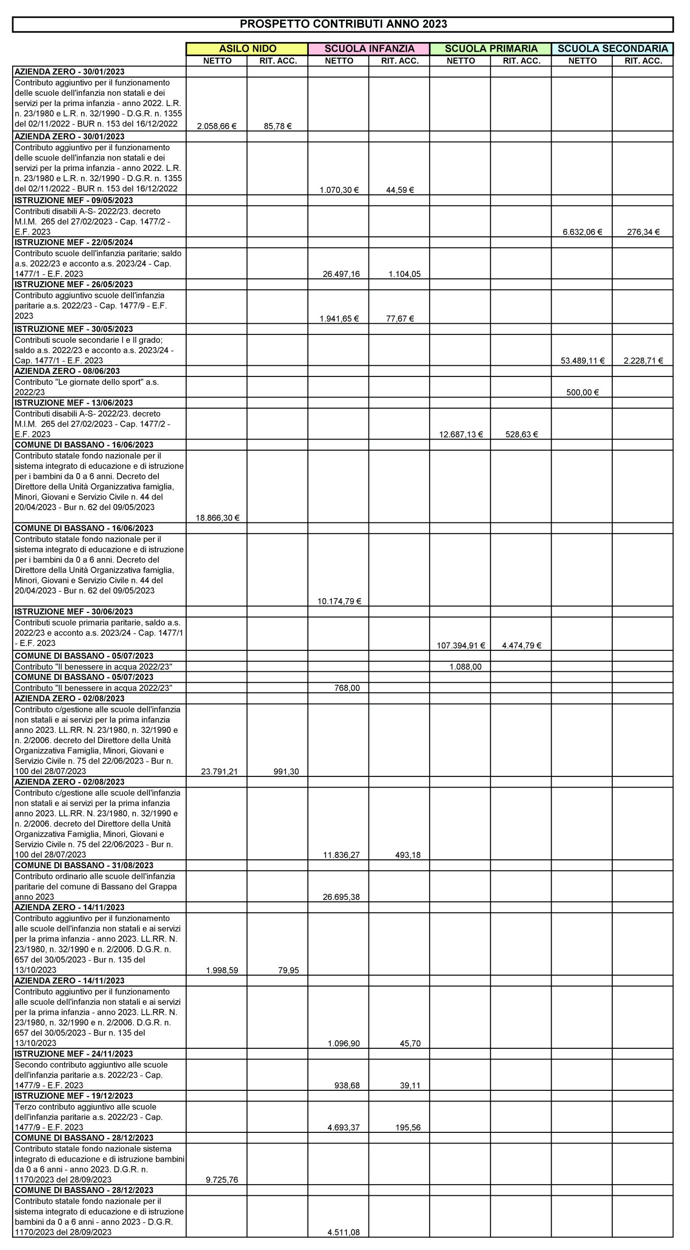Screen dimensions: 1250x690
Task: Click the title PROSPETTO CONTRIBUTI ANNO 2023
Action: click(343, 24)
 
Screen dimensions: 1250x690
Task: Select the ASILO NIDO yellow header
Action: click(247, 49)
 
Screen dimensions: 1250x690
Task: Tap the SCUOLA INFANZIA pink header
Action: click(369, 49)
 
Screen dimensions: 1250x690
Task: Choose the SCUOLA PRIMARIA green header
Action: click(491, 49)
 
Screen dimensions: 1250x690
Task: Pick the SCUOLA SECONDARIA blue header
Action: click(612, 49)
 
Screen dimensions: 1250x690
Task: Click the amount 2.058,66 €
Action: click(216, 126)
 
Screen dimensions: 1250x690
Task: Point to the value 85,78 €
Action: click(278, 126)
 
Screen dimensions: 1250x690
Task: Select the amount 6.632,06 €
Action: click(582, 232)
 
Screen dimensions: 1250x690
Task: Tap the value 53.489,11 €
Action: click(582, 361)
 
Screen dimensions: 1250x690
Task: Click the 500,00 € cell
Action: click(582, 392)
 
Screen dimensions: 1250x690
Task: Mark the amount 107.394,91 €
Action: click(460, 646)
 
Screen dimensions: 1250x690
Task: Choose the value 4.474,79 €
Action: click(521, 646)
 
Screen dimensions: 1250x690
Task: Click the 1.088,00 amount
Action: click(465, 667)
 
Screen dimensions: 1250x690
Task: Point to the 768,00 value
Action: click(347, 688)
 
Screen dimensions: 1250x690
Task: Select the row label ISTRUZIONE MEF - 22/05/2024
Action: click(74, 242)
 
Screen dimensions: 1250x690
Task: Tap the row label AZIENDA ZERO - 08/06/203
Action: click(67, 371)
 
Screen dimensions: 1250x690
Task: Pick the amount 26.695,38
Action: click(341, 897)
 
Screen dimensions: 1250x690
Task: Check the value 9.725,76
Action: click(222, 1180)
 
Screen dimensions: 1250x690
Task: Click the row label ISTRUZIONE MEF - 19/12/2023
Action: click(74, 1096)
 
